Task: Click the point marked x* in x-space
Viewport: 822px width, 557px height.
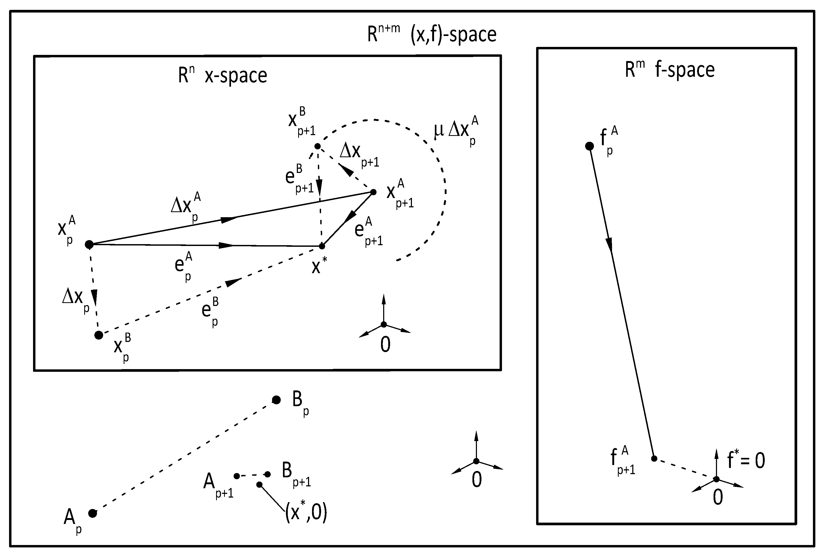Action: click(x=322, y=246)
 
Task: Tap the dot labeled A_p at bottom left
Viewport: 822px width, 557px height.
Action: click(x=93, y=513)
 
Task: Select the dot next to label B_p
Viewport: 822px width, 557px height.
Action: click(x=276, y=400)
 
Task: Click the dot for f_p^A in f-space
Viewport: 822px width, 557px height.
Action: click(x=589, y=146)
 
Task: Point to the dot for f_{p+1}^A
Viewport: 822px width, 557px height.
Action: click(x=654, y=458)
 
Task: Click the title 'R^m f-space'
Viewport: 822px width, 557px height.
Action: click(x=670, y=70)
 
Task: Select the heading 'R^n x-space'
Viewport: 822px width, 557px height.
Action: click(x=222, y=76)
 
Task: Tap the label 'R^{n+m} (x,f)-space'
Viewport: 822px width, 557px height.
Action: click(x=431, y=35)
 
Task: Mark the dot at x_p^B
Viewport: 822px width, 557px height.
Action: click(x=99, y=335)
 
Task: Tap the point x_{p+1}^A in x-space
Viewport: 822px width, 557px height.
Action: click(x=373, y=192)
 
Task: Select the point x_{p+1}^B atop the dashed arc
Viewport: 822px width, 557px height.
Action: click(x=317, y=146)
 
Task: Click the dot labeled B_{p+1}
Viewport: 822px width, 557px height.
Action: click(x=268, y=474)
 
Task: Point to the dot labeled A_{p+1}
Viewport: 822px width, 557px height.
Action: click(x=237, y=476)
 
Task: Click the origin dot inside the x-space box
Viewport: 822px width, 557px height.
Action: click(x=384, y=325)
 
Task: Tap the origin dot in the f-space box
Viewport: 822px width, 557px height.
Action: click(x=716, y=479)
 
